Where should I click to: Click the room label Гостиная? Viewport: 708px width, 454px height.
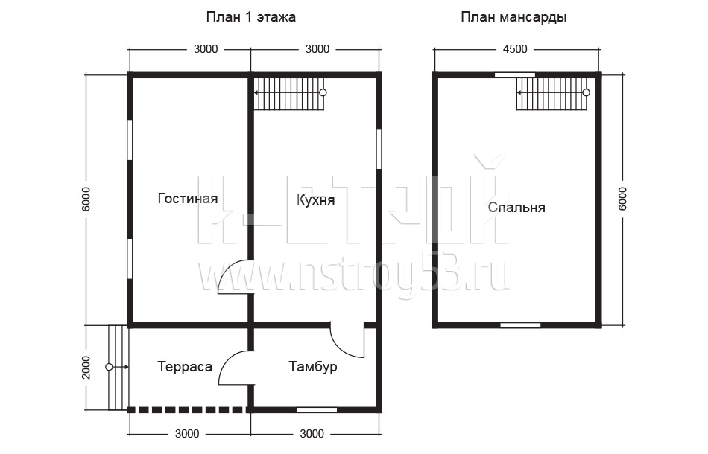pos(188,199)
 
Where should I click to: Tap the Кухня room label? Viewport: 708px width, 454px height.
pos(316,200)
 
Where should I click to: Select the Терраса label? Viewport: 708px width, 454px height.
pos(185,367)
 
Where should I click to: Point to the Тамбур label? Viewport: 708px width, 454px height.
pos(313,367)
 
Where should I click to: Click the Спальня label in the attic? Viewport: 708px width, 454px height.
pos(516,208)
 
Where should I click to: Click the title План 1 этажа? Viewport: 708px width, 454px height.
pos(251,17)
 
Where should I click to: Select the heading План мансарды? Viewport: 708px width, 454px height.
pos(513,17)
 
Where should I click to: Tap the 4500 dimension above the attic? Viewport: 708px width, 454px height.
pos(515,49)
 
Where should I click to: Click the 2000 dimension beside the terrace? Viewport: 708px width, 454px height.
pos(86,368)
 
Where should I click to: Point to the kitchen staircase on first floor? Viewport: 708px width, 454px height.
pos(289,94)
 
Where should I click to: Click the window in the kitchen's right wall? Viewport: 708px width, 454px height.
pos(379,150)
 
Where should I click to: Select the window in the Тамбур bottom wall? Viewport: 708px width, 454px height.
pos(317,410)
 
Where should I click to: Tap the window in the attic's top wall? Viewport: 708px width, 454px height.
pos(515,75)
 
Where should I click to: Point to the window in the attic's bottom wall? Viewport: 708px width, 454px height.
pos(520,325)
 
